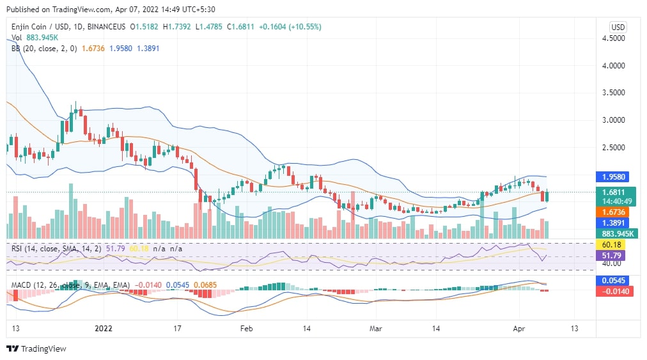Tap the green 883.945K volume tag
click(x=618, y=233)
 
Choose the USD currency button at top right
click(x=618, y=27)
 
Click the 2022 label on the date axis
click(x=104, y=328)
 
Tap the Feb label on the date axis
click(x=246, y=328)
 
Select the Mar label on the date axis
click(x=375, y=328)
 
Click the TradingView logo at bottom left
click(x=36, y=349)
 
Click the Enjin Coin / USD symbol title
click(x=39, y=27)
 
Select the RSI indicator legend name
click(x=19, y=248)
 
